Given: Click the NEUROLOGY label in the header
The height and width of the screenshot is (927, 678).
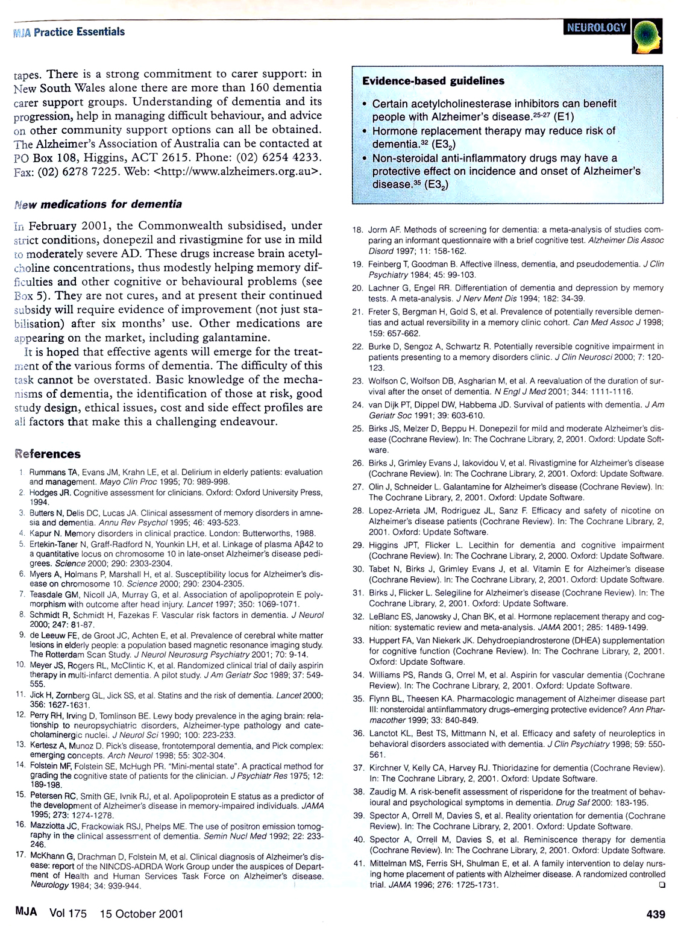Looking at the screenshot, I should [597, 28].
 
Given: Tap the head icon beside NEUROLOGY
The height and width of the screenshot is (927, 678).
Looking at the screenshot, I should [647, 35].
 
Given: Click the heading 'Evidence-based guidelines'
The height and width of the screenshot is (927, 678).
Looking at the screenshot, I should [433, 81].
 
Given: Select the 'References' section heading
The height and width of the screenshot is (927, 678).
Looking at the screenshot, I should [48, 454].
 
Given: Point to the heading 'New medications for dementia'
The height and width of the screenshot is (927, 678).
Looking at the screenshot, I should [98, 204].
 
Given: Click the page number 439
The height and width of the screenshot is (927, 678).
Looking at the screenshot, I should [656, 914].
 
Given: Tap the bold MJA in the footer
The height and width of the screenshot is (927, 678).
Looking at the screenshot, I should [26, 912].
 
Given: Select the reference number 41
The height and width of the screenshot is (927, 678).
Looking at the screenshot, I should [359, 863].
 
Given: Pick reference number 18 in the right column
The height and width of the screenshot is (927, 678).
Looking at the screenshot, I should [358, 230].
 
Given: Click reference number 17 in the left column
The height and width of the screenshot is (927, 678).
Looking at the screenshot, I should [20, 855].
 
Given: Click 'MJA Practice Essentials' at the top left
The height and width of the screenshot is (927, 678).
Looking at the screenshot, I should [69, 32].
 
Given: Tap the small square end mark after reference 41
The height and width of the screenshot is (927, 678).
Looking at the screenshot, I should [662, 885].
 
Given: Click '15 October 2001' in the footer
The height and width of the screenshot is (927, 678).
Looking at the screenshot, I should [141, 914].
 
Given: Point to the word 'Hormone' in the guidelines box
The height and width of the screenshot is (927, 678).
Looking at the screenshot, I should [394, 131].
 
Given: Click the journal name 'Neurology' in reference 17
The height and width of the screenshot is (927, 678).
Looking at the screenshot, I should [49, 885].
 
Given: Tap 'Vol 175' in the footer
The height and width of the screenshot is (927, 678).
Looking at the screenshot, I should [68, 914].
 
